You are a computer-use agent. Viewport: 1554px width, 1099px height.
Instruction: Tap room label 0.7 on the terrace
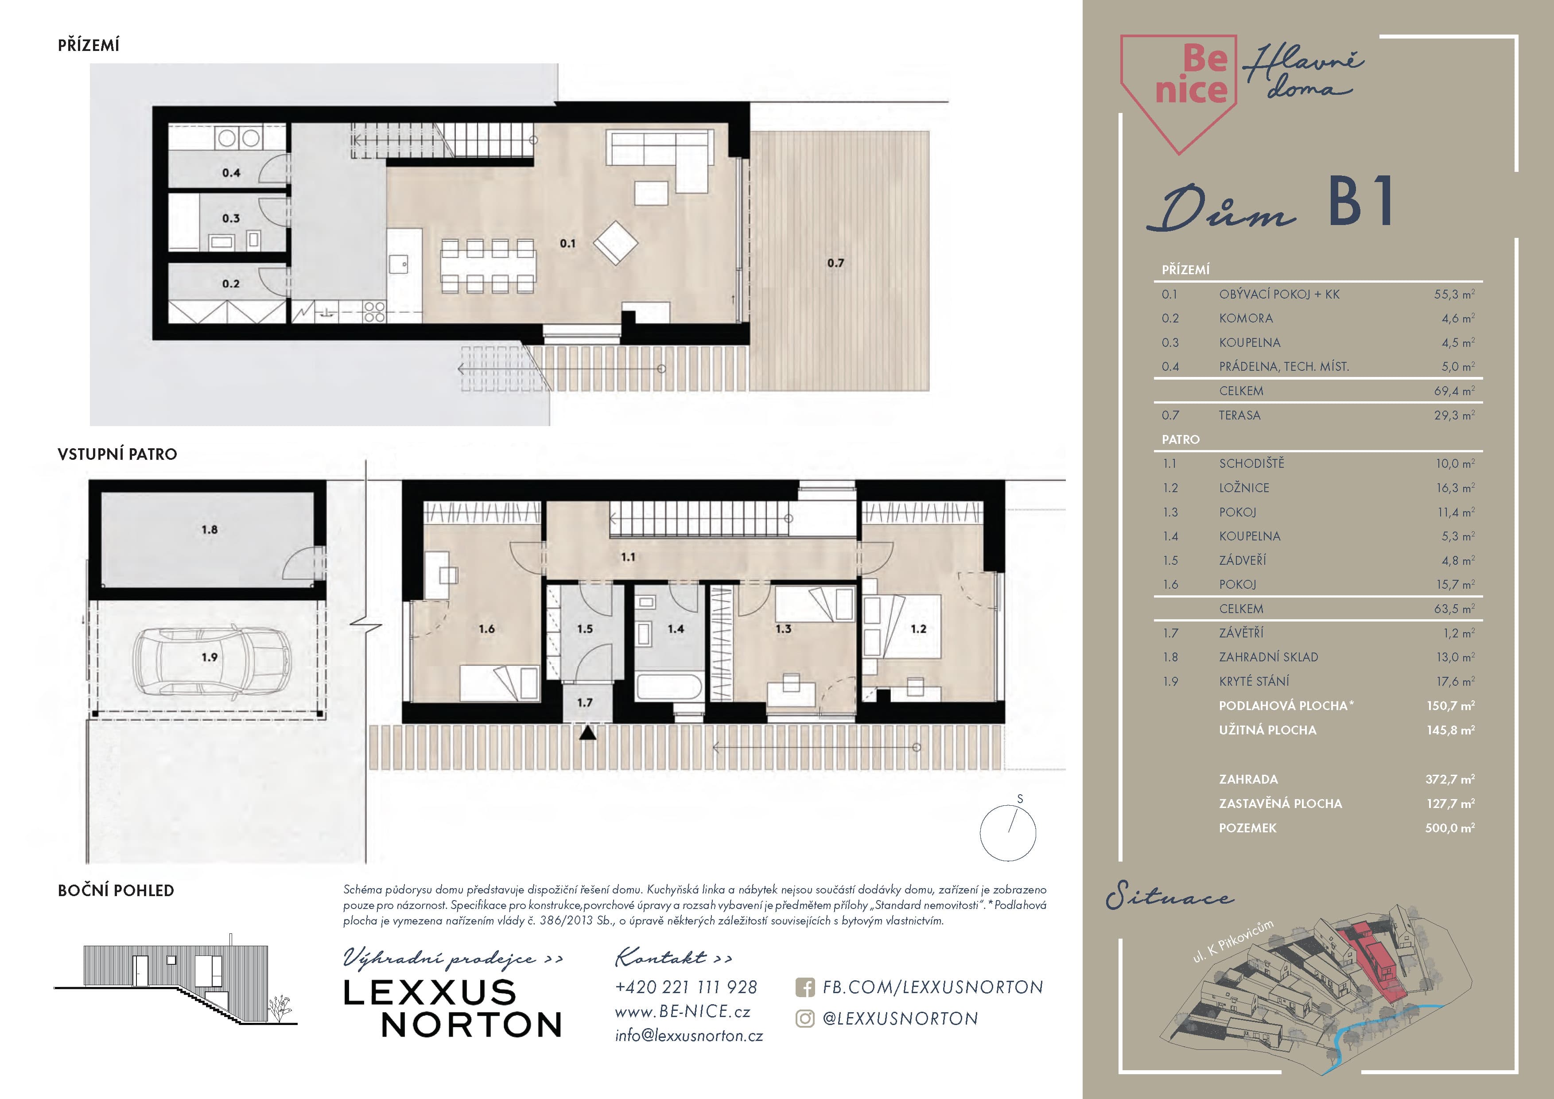(835, 263)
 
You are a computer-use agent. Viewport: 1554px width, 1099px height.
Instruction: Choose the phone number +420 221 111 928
(686, 987)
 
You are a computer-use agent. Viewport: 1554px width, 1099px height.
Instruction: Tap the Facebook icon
(805, 988)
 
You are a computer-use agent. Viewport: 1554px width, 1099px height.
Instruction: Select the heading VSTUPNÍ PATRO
(117, 454)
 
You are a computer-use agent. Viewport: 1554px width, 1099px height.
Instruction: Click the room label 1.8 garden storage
(209, 530)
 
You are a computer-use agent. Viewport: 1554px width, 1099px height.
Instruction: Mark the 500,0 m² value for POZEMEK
(1450, 827)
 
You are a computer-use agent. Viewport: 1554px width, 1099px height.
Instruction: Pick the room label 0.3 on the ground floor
(231, 218)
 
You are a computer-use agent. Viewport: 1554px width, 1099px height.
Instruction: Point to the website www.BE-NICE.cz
(682, 1012)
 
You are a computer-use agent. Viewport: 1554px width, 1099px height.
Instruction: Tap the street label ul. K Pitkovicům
(1232, 941)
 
